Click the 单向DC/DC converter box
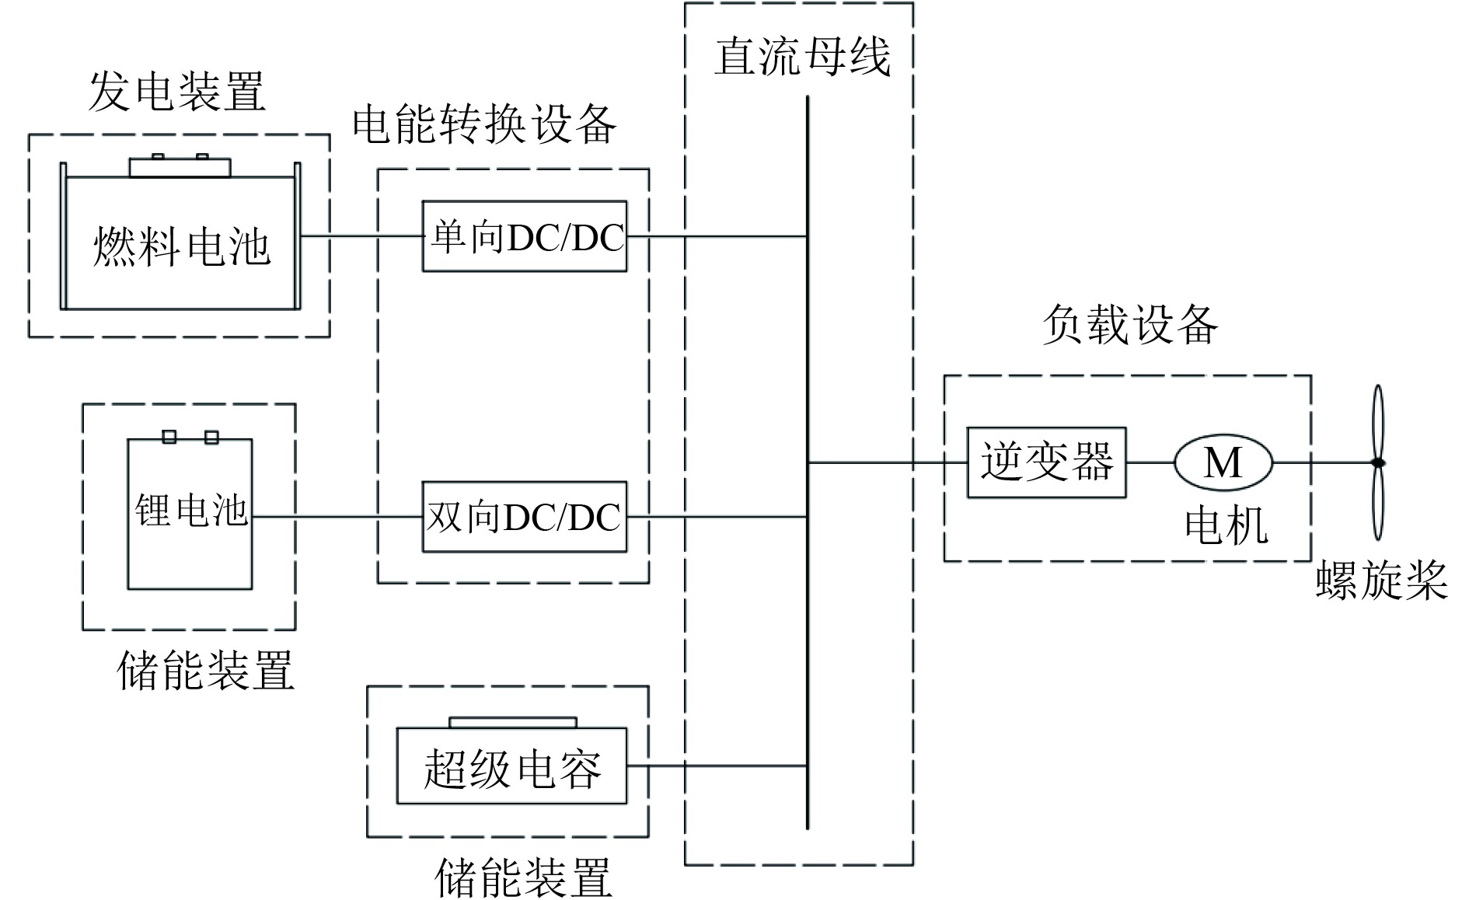pos(525,236)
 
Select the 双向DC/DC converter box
pos(525,517)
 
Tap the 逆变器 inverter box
pos(1046,462)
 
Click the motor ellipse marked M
pos(1223,462)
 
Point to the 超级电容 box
pos(511,766)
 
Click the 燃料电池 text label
pos(181,247)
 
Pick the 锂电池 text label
pos(190,510)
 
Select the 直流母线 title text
pos(801,56)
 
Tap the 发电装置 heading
pos(177,92)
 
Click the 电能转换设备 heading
pos(484,124)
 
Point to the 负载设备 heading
pos(1129,324)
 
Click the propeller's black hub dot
pos(1378,463)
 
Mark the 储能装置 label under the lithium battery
pos(205,670)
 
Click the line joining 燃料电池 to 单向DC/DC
pos(361,236)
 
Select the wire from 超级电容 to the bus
pos(715,766)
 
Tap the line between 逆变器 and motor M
pos(1150,462)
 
